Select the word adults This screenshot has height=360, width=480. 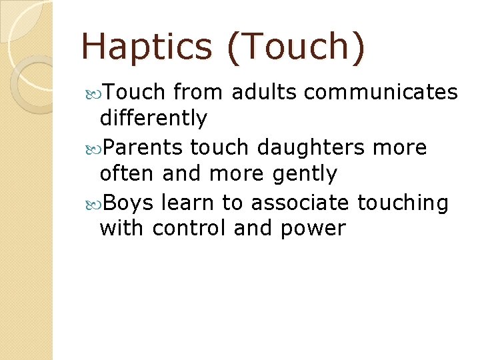[x=256, y=91]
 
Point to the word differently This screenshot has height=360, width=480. [x=153, y=119]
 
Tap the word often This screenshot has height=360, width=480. [x=127, y=174]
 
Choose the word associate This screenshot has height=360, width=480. [x=299, y=201]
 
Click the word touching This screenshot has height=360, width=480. [x=403, y=201]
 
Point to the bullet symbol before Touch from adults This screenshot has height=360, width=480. [x=93, y=92]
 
